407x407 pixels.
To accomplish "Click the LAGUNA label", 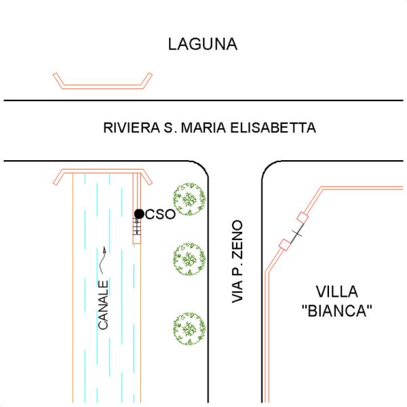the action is [x=203, y=45].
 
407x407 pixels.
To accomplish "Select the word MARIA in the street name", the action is [x=206, y=128].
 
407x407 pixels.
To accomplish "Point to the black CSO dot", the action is [x=139, y=214].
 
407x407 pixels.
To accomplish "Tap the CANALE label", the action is [x=104, y=305].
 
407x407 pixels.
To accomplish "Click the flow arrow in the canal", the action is [x=104, y=256].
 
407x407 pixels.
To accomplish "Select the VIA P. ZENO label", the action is [x=237, y=261].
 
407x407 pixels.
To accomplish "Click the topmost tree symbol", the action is [x=189, y=199].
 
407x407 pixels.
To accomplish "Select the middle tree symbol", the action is [x=189, y=257].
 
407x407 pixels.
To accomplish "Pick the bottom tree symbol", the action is [x=189, y=327].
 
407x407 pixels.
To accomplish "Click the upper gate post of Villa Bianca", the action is [x=303, y=218].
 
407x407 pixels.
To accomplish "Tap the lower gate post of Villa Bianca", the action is [x=285, y=244].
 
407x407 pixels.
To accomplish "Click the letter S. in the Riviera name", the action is [x=170, y=128].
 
